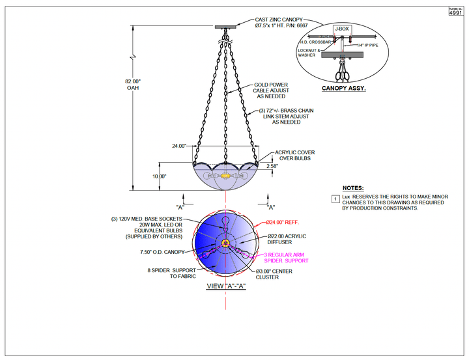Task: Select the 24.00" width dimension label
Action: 178,146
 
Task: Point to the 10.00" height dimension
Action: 160,176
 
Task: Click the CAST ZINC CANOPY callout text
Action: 281,24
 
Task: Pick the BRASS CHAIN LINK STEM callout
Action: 286,116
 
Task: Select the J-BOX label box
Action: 341,29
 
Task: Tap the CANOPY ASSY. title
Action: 343,89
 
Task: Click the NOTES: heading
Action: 353,187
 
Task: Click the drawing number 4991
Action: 458,12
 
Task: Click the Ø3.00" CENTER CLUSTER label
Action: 277,273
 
